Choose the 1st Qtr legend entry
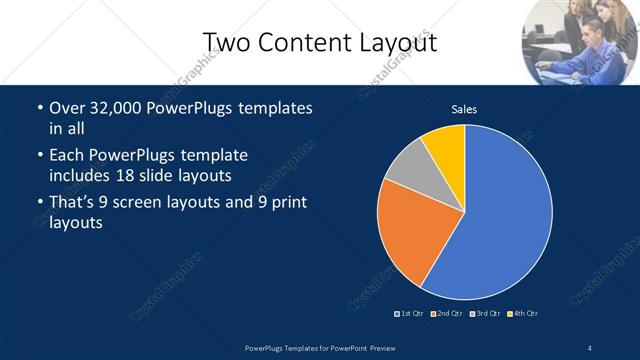pos(410,314)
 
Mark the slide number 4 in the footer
pos(590,347)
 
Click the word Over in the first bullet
pos(68,107)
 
